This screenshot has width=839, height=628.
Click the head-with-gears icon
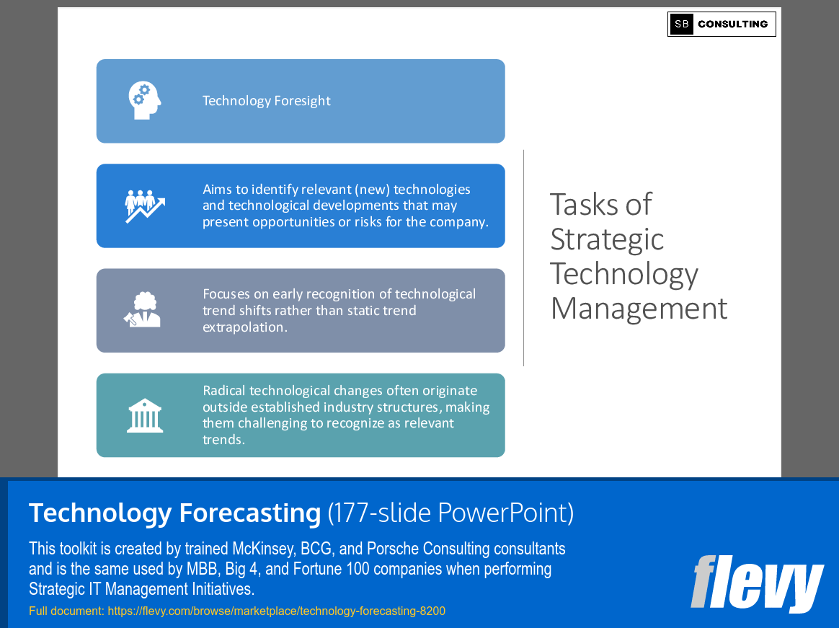(x=144, y=101)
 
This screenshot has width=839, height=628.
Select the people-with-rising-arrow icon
(x=144, y=205)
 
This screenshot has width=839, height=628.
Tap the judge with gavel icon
(x=142, y=310)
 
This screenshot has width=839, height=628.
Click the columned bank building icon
(x=144, y=415)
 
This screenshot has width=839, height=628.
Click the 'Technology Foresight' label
(x=266, y=101)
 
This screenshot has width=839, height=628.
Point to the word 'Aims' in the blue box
(x=216, y=190)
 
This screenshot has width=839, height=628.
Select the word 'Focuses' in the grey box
(x=227, y=294)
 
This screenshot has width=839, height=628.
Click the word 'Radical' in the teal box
(x=224, y=391)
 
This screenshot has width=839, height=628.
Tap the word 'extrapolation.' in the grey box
(x=244, y=327)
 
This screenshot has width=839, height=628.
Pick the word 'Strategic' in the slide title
(x=606, y=239)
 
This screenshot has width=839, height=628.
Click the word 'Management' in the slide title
(x=639, y=309)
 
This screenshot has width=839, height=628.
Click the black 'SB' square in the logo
(x=681, y=24)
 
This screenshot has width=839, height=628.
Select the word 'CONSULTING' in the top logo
(x=732, y=24)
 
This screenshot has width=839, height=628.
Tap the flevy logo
(x=756, y=583)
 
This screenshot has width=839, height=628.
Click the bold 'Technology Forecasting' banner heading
(x=174, y=513)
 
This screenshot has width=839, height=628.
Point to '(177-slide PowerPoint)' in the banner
(x=450, y=513)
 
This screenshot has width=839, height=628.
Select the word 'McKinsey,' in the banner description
(x=262, y=549)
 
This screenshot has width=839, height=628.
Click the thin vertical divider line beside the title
(x=524, y=257)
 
